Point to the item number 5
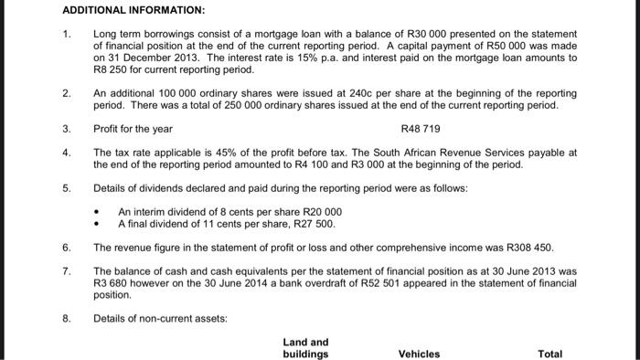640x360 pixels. coord(66,187)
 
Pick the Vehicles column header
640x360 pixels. coord(419,354)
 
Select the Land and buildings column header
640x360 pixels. coord(305,348)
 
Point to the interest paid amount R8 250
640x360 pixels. coord(109,69)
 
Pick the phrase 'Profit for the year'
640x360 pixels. coord(133,129)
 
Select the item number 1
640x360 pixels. coord(66,33)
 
